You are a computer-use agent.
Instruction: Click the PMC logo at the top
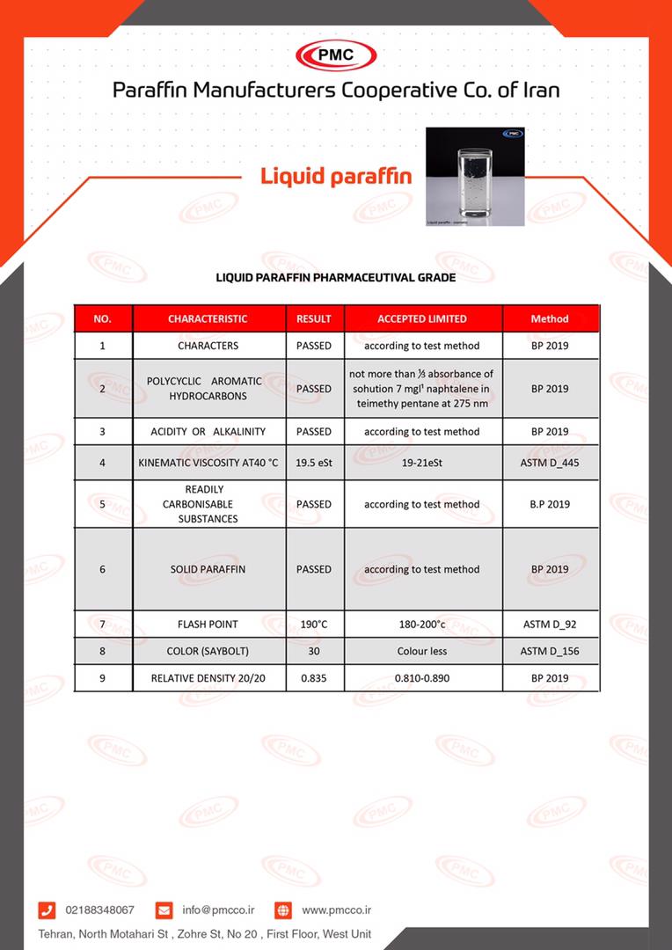335,55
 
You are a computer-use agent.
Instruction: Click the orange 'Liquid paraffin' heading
336,176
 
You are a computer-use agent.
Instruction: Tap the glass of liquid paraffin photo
475,177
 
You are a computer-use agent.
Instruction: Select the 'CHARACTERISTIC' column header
208,318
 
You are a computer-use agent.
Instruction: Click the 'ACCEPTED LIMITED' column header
422,318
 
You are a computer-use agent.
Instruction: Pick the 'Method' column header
550,318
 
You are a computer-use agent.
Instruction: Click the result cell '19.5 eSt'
314,462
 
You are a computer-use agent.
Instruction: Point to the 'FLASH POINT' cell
208,624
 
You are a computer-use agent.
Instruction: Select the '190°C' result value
314,624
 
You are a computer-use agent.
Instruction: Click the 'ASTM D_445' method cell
550,462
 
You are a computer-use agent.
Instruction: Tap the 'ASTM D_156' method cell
550,651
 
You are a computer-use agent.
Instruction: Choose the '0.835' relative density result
314,678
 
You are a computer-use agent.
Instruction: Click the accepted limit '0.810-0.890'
422,678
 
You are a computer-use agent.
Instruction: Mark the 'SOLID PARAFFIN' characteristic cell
208,569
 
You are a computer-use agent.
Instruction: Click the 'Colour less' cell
422,651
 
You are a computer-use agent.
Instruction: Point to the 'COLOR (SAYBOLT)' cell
208,651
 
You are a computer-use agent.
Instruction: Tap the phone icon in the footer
47,910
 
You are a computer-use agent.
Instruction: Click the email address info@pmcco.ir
218,910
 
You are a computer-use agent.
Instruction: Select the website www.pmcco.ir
336,910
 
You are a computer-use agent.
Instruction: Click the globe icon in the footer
282,910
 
